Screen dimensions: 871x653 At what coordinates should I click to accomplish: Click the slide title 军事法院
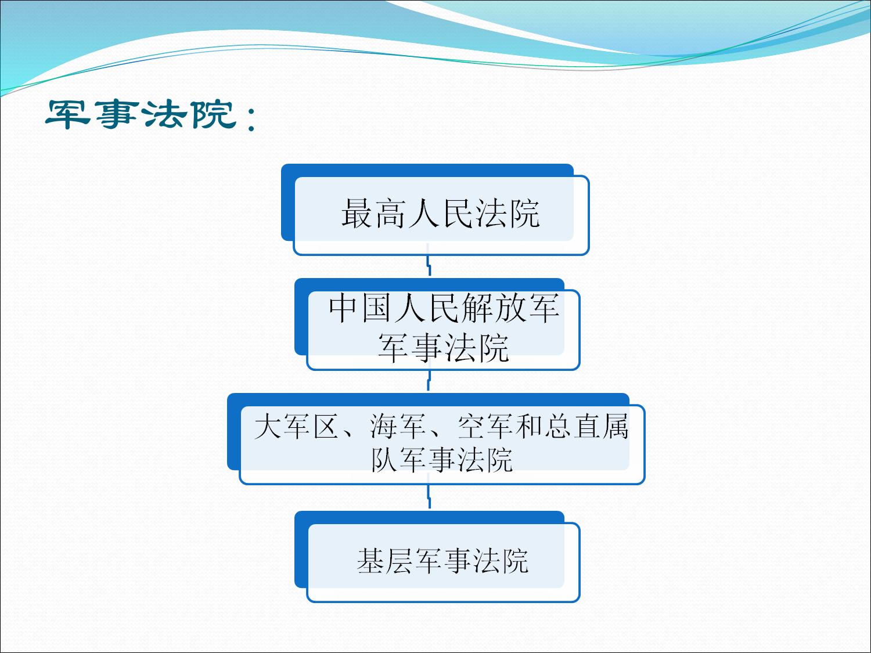[141, 114]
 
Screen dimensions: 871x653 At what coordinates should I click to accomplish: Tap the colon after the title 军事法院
[251, 118]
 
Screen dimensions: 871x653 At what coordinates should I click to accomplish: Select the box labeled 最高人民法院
[435, 210]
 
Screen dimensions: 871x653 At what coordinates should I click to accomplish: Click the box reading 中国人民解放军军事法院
[437, 324]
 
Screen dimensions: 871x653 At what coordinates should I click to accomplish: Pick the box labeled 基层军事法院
[437, 556]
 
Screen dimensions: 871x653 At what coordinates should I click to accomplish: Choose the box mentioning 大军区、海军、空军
[435, 438]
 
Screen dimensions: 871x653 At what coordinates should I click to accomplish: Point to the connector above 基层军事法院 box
[429, 496]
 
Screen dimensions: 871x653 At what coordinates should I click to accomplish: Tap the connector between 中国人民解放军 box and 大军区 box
[429, 381]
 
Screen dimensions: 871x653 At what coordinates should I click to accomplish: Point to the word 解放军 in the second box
[510, 308]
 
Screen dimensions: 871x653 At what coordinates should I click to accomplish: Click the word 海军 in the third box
[397, 427]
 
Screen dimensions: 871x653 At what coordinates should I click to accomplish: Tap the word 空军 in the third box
[485, 427]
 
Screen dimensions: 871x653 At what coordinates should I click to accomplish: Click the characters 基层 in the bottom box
[384, 561]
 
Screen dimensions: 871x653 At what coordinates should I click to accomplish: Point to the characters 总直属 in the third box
[586, 427]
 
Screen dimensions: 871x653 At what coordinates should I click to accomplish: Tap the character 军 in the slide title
[68, 114]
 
